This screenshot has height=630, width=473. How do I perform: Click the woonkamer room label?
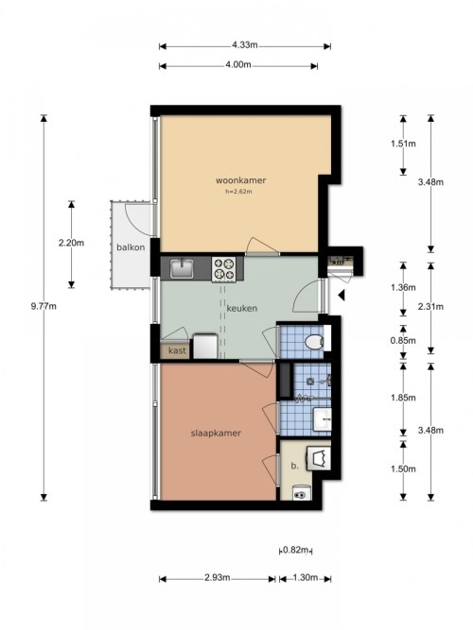240,180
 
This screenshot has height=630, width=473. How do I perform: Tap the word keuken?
241,309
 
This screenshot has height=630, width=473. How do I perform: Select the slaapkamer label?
216,434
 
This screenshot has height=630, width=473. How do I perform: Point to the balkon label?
131,247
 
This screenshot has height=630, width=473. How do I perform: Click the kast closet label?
177,350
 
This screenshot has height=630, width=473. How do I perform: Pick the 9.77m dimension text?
44,306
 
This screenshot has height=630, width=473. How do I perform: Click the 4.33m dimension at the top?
244,45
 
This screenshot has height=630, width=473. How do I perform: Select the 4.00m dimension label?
238,64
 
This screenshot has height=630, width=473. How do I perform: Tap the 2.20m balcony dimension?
71,243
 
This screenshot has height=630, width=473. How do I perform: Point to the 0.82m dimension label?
296,550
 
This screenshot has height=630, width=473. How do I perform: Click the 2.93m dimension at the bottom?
218,578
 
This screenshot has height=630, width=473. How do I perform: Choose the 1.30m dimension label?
306,578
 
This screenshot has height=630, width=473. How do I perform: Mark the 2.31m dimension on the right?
430,307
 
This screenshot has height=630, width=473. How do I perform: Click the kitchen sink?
182,268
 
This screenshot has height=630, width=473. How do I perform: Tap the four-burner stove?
224,269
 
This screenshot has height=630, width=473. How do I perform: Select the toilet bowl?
314,342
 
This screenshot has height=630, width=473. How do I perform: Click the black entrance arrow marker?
342,296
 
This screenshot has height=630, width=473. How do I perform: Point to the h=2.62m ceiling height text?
238,192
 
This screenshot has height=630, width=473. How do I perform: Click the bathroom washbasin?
322,419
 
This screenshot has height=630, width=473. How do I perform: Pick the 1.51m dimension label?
403,144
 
